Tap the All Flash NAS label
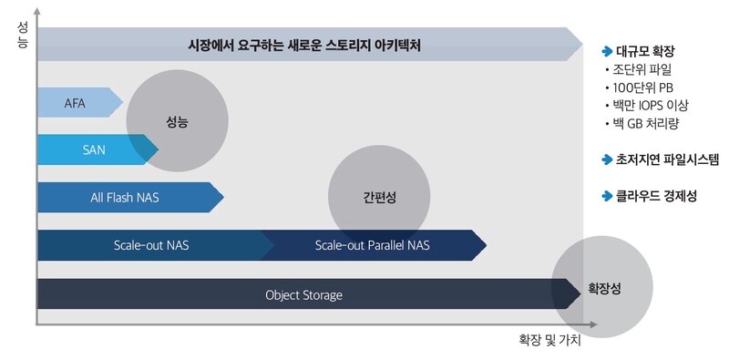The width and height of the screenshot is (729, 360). pyautogui.click(x=124, y=196)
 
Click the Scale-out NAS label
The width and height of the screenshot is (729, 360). pyautogui.click(x=151, y=244)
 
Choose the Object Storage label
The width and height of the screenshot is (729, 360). pyautogui.click(x=303, y=294)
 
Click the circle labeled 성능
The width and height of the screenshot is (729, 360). pyautogui.click(x=179, y=120)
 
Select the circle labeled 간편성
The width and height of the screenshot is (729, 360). pyautogui.click(x=380, y=197)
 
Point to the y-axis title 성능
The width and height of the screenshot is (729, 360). pyautogui.click(x=22, y=36)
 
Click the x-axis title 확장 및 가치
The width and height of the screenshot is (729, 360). pyautogui.click(x=549, y=339)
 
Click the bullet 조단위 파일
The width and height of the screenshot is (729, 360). pyautogui.click(x=642, y=69)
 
